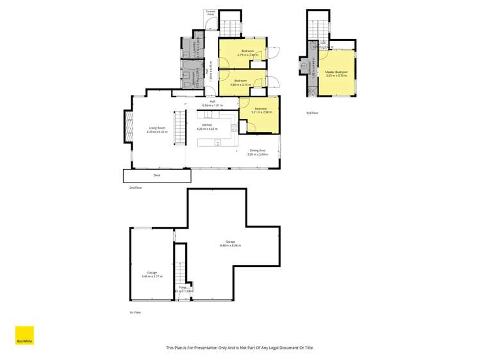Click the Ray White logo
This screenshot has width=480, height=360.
(x=24, y=336)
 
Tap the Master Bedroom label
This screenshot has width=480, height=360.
(x=336, y=72)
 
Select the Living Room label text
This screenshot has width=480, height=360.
(x=158, y=128)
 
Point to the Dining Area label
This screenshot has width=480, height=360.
(x=259, y=151)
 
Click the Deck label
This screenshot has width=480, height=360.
(x=157, y=175)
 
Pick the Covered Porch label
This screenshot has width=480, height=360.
(x=210, y=13)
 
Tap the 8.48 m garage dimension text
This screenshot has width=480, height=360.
(x=230, y=245)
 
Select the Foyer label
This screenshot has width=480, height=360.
(x=183, y=288)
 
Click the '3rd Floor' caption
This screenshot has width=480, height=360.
(x=313, y=113)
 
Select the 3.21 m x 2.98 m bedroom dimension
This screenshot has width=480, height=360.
(x=261, y=112)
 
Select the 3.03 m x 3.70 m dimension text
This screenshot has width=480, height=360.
(x=336, y=76)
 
